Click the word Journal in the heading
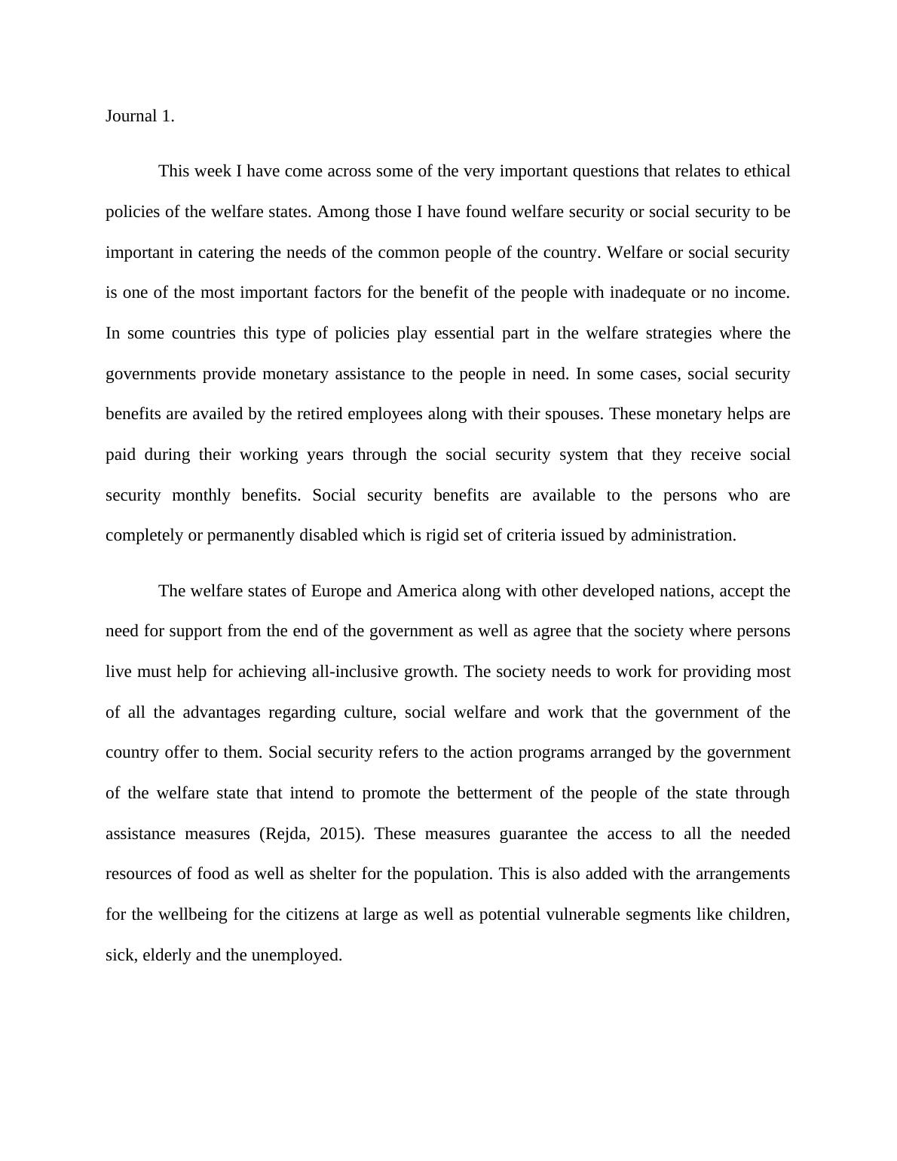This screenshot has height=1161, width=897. [x=131, y=116]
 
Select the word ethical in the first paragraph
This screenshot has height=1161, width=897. [x=767, y=171]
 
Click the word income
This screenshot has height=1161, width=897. [x=764, y=293]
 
